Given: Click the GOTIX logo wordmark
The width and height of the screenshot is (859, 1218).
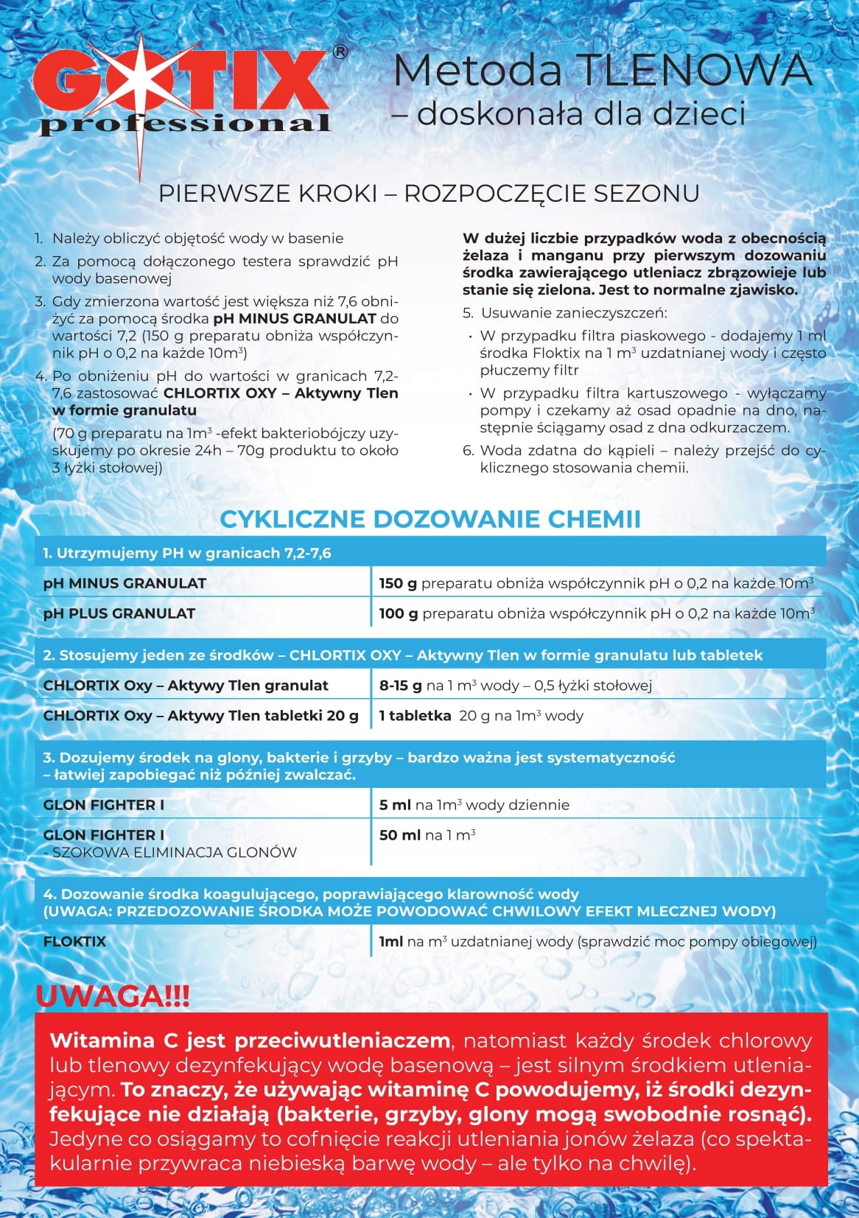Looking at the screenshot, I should (181, 84).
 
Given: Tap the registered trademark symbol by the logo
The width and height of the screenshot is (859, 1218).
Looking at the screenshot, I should (340, 52).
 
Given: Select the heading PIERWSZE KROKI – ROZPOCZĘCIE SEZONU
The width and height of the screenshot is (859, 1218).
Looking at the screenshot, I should (429, 193).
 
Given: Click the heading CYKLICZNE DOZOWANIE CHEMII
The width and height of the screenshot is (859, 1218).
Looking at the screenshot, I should (429, 518).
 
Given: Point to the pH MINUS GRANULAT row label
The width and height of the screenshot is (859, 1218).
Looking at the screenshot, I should (125, 583).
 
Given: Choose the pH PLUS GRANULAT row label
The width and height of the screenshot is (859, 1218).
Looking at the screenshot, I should (119, 613).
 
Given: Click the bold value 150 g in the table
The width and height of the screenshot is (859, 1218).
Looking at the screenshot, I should (398, 583).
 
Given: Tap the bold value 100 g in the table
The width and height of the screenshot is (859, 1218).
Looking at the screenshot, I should (398, 613).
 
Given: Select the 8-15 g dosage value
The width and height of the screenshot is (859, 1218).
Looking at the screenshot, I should (400, 686).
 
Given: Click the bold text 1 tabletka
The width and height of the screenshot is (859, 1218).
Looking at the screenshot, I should (415, 716).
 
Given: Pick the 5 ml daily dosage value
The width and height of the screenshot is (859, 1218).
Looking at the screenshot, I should (395, 805).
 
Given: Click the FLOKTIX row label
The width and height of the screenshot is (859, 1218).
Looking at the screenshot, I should (74, 942).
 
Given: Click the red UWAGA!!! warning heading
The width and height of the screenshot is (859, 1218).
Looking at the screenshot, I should (113, 997).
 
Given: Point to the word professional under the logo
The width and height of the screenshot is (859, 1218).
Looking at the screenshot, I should (184, 124).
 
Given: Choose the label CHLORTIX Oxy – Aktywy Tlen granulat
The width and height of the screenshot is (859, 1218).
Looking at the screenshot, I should (186, 686).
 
